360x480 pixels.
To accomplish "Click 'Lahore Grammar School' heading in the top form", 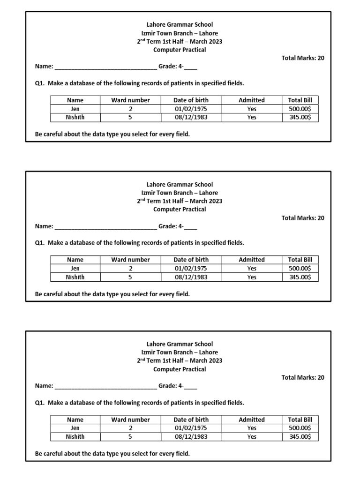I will pyautogui.click(x=180, y=24).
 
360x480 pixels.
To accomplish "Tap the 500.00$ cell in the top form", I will pyautogui.click(x=300, y=109).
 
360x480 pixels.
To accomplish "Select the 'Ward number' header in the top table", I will pyautogui.click(x=130, y=100).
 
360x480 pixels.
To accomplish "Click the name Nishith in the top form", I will pyautogui.click(x=75, y=117).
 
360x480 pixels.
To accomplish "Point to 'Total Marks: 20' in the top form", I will pyautogui.click(x=302, y=58).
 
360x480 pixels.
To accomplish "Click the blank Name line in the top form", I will pyautogui.click(x=105, y=67).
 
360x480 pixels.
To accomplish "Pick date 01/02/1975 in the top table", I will pyautogui.click(x=191, y=109).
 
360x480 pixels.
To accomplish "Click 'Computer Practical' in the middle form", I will pyautogui.click(x=180, y=210).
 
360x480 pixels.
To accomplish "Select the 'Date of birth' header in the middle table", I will pyautogui.click(x=191, y=260).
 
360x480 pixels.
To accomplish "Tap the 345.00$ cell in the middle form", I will pyautogui.click(x=300, y=277).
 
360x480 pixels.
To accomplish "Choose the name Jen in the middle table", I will pyautogui.click(x=75, y=269).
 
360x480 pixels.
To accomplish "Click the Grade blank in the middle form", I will pyautogui.click(x=190, y=226).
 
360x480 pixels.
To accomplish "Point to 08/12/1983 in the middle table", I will pyautogui.click(x=191, y=277).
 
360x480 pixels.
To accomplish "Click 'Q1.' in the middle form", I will pyautogui.click(x=40, y=243).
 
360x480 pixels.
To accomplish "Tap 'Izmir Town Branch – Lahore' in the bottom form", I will pyautogui.click(x=180, y=352).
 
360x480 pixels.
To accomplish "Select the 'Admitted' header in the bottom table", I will pyautogui.click(x=252, y=420).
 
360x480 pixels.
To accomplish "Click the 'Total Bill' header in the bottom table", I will pyautogui.click(x=300, y=420).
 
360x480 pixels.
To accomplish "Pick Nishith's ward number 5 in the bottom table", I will pyautogui.click(x=130, y=437).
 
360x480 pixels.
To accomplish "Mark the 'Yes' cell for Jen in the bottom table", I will pyautogui.click(x=252, y=428).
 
